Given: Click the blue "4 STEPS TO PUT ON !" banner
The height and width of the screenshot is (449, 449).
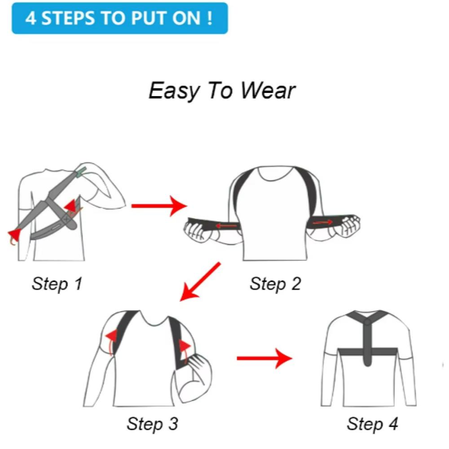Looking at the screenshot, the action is [120, 18].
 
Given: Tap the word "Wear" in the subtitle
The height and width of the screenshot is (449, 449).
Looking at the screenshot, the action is [268, 91].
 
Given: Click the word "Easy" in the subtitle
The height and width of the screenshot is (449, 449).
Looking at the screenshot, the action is [174, 91].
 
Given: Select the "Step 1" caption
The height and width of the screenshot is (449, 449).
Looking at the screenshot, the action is [57, 284].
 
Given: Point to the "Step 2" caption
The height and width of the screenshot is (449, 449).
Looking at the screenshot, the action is [275, 284].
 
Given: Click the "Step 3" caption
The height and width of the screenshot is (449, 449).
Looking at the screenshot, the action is [152, 424].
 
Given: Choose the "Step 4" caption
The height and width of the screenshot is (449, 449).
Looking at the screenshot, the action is [372, 424].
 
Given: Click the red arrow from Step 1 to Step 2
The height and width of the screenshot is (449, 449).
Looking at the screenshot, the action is [159, 206].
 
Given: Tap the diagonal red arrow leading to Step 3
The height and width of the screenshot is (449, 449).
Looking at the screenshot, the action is [200, 282].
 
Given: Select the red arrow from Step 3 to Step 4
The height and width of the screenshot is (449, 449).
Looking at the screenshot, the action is [264, 358].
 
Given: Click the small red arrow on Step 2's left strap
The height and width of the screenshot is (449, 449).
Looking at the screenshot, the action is [226, 226].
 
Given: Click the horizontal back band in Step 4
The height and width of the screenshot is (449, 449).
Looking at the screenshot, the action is [368, 352].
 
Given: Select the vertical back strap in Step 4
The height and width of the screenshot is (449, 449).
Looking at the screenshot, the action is [367, 343].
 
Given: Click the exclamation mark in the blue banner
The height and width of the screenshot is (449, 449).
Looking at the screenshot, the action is [209, 18].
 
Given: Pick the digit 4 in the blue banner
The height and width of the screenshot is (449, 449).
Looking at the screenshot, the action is [31, 18].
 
